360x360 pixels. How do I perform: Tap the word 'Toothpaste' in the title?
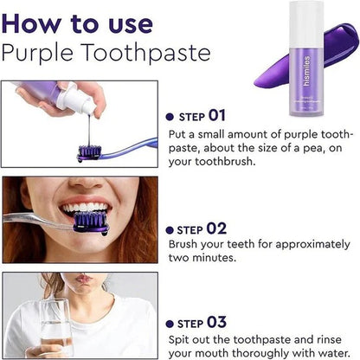[x=152, y=53]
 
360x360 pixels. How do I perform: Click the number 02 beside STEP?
[x=216, y=228]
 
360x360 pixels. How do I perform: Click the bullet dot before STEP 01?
[x=169, y=116]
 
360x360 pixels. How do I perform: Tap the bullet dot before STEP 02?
[x=169, y=230]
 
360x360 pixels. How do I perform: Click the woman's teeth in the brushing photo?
[x=87, y=208]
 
